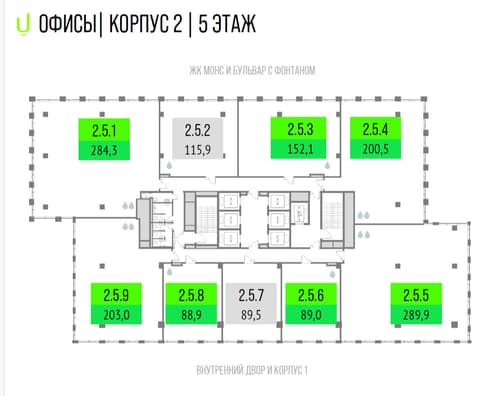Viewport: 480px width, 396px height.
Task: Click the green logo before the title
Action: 23,24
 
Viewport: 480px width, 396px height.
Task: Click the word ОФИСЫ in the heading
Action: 67,24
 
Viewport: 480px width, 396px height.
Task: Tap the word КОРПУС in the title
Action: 139,24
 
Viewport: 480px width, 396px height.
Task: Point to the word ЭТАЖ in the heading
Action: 234,24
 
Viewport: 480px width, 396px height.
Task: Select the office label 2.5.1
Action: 104,130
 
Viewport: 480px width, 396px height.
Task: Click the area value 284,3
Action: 104,150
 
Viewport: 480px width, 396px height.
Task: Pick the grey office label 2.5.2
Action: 197,130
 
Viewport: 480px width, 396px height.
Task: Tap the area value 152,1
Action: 300,149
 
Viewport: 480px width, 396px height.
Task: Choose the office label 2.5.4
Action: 375,129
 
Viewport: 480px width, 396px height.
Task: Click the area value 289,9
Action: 416,315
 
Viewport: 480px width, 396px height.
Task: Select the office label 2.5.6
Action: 311,295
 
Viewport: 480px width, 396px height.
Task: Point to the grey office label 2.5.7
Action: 251,295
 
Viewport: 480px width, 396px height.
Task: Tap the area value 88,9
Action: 191,315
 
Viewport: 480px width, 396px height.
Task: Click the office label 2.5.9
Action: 116,295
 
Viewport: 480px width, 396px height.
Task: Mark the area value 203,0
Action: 116,315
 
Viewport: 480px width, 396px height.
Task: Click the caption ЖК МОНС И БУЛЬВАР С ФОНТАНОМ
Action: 252,70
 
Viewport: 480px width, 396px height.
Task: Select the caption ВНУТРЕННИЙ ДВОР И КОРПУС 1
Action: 252,370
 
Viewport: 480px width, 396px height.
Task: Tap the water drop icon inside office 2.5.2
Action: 169,165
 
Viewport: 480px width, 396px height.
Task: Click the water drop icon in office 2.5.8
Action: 170,272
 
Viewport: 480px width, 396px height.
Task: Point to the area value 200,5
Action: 375,149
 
